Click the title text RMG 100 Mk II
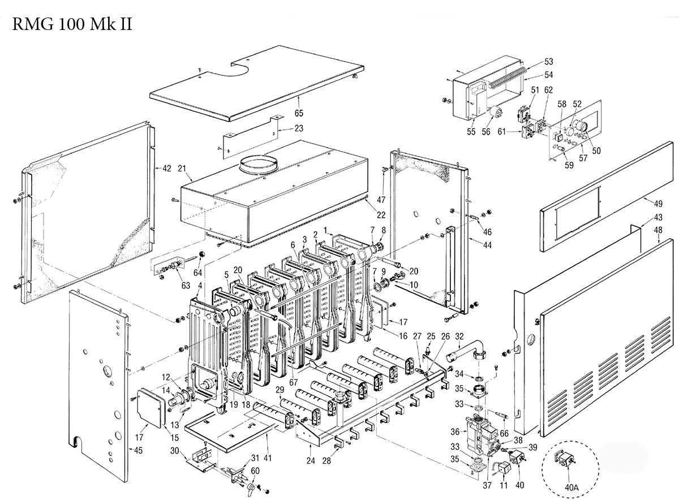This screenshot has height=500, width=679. (x=72, y=24)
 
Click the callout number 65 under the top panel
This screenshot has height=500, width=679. (x=299, y=113)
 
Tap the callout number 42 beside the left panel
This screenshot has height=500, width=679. (x=167, y=168)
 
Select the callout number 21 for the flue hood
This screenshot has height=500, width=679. (x=182, y=168)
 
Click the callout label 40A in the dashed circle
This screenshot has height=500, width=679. (x=571, y=488)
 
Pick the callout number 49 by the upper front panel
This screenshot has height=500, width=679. (x=658, y=204)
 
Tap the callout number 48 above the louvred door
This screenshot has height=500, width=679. (x=658, y=230)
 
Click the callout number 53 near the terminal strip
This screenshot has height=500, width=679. (x=549, y=62)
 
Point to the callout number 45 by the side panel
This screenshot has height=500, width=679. (x=138, y=451)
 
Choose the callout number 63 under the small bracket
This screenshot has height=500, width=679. (x=186, y=286)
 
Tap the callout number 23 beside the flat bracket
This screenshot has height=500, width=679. (x=299, y=128)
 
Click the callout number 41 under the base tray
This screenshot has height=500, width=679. (x=267, y=458)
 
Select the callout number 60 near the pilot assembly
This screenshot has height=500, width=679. (x=255, y=471)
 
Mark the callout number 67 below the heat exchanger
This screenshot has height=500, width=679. (x=293, y=382)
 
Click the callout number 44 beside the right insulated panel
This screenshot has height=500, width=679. (x=487, y=245)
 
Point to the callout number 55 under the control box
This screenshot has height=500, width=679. (x=471, y=132)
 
